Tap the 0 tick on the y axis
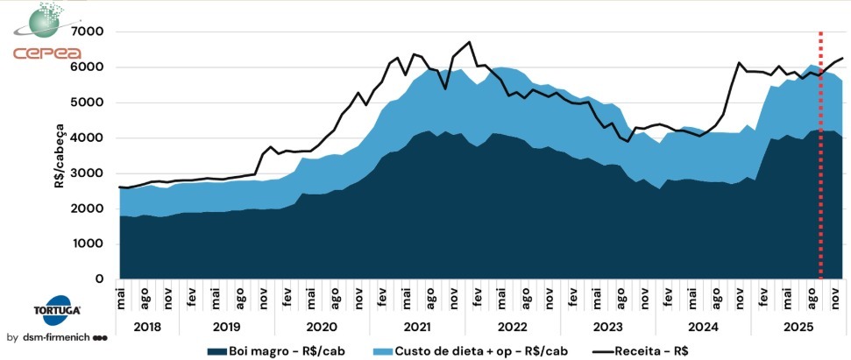[x=99, y=279]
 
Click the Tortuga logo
[x=49, y=313]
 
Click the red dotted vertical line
[x=820, y=158]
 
